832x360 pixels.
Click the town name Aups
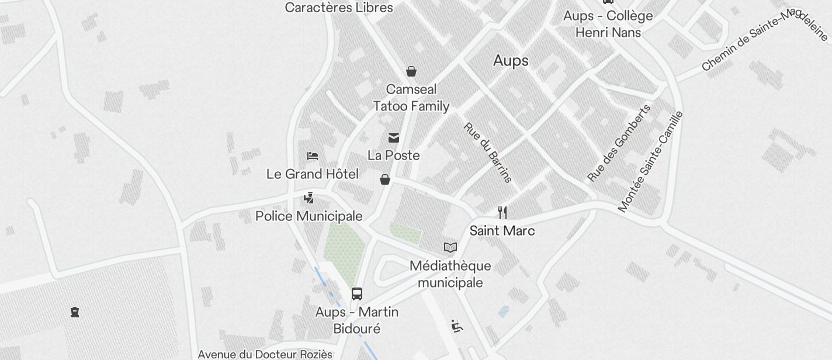tap(511, 61)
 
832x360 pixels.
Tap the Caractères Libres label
tap(339, 8)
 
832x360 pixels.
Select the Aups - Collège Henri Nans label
tap(608, 24)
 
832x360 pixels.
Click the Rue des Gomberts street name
tap(619, 143)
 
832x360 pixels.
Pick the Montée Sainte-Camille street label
tap(650, 161)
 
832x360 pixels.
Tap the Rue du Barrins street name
tap(487, 152)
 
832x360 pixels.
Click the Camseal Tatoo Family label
tap(411, 98)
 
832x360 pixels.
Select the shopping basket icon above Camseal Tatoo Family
tap(411, 71)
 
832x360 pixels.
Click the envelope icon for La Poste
tap(394, 138)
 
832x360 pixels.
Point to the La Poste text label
tap(394, 155)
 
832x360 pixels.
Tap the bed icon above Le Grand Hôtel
tap(313, 156)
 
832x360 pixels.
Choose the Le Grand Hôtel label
tap(313, 174)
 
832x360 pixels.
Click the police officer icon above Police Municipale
tap(309, 198)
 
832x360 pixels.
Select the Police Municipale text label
tap(309, 216)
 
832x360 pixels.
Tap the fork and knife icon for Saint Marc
tap(502, 212)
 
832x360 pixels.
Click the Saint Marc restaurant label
tap(502, 231)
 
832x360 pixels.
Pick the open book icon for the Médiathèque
tap(450, 248)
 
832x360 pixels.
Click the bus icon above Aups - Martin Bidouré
tap(357, 294)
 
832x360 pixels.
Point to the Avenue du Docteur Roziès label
tap(265, 354)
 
